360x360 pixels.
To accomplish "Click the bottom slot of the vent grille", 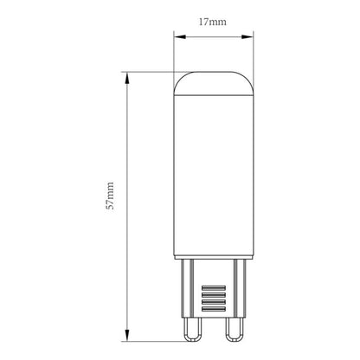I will coord(214,312).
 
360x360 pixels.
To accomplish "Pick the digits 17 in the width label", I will coord(207,24).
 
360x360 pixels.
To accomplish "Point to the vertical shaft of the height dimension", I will coord(126,138).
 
